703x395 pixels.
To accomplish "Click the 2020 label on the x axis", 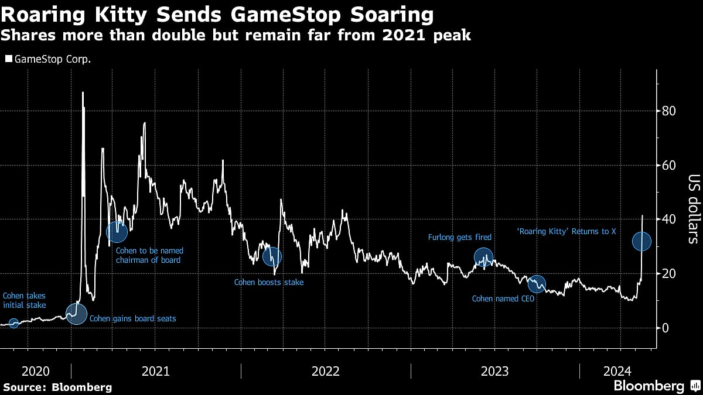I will pyautogui.click(x=35, y=371).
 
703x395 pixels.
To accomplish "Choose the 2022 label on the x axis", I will pyautogui.click(x=326, y=371).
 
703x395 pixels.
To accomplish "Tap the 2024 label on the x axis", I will pyautogui.click(x=619, y=371).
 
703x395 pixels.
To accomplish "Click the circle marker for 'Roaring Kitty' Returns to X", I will pyautogui.click(x=642, y=241).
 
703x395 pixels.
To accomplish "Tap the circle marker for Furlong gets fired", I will pyautogui.click(x=483, y=256).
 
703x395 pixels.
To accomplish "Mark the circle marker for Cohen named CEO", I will pyautogui.click(x=537, y=284).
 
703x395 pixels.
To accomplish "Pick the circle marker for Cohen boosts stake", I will pyautogui.click(x=272, y=256).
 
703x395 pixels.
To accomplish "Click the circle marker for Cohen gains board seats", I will pyautogui.click(x=76, y=314).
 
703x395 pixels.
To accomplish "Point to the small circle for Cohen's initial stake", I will pyautogui.click(x=14, y=323).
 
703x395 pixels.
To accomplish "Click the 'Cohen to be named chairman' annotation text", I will pyautogui.click(x=149, y=255).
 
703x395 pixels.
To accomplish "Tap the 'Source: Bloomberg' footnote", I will pyautogui.click(x=57, y=387).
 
